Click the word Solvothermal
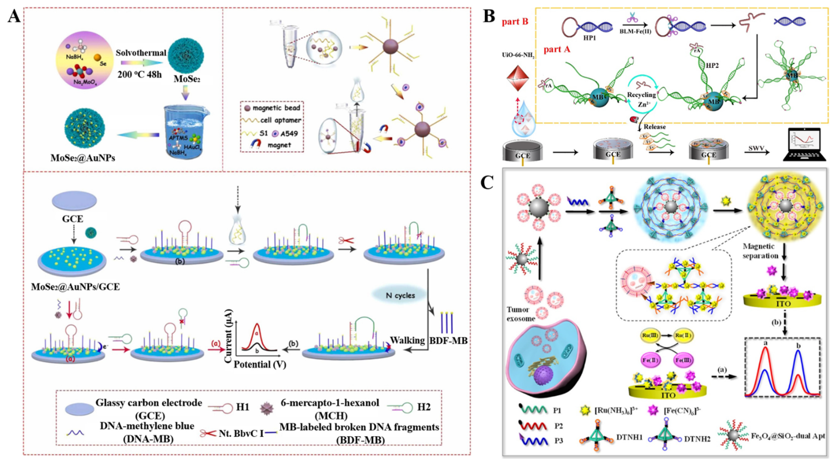click(141, 53)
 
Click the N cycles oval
click(400, 295)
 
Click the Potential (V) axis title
click(260, 364)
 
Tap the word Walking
click(407, 340)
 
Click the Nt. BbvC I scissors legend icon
click(208, 433)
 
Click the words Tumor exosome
click(521, 314)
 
